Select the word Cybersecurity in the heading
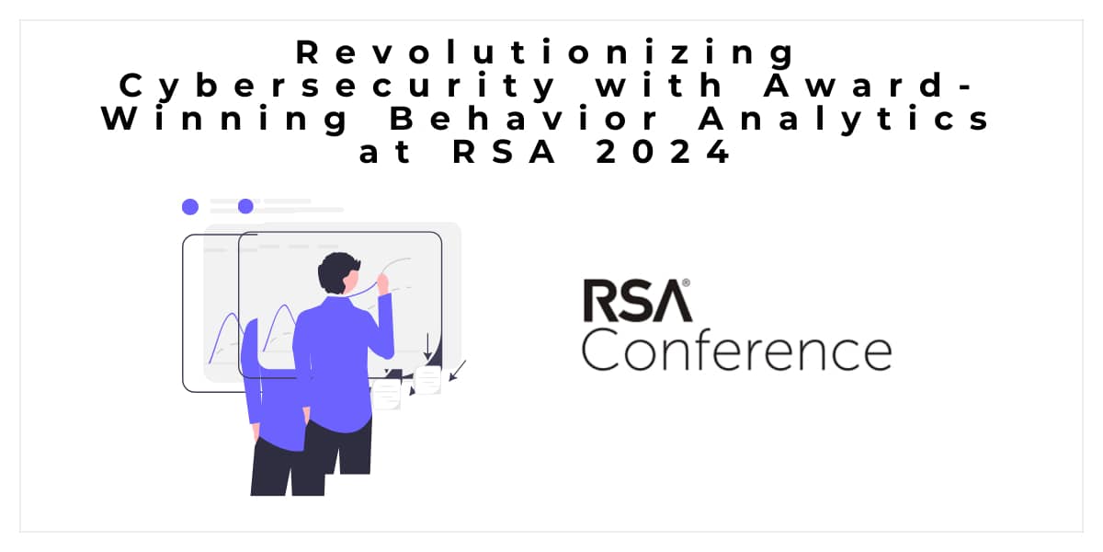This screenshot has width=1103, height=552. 338,86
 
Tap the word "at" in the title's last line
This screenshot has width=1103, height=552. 380,153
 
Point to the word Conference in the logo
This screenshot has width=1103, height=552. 736,351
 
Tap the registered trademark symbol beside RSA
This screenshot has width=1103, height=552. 686,285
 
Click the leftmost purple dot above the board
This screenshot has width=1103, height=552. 190,206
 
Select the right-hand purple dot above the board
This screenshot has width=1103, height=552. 245,206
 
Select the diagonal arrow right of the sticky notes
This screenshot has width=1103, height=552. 458,370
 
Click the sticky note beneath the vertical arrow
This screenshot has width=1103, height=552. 427,378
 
